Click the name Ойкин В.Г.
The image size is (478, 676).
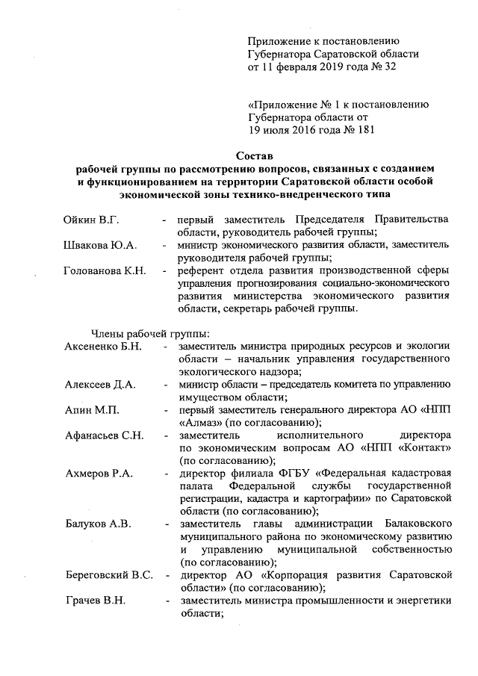click(93, 220)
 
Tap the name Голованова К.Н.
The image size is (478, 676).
click(105, 270)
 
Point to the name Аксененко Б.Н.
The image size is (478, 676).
click(102, 346)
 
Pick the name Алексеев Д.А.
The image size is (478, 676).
click(99, 384)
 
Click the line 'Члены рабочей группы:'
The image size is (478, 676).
click(150, 333)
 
